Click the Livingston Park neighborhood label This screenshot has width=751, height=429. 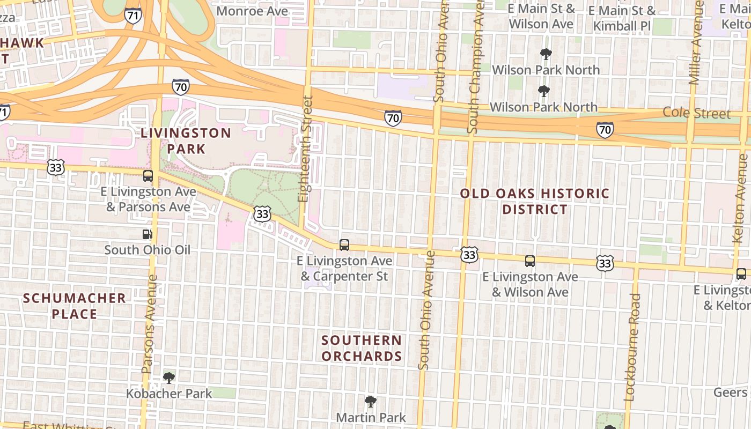coord(186,140)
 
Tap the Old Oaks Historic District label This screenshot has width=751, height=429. coord(535,201)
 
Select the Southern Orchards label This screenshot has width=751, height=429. coord(362,348)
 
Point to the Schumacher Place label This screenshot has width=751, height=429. coord(75,306)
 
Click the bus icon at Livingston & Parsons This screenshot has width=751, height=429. coord(148,176)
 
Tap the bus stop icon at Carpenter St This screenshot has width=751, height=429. coord(344,245)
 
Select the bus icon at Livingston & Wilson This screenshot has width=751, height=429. coord(529,261)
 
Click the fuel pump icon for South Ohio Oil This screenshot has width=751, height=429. coord(147,234)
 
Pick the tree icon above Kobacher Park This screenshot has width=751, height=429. coord(169,378)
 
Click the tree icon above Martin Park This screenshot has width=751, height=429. coord(370,402)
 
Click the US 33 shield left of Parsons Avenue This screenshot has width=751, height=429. coord(55,167)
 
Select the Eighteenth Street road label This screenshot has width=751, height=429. coord(306,149)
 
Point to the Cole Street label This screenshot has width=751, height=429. coord(696,113)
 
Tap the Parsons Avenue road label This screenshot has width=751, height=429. coord(150,324)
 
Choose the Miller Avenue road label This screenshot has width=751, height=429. coord(696,43)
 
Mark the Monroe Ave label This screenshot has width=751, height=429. coord(252,11)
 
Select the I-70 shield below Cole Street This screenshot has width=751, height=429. coord(605,129)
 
